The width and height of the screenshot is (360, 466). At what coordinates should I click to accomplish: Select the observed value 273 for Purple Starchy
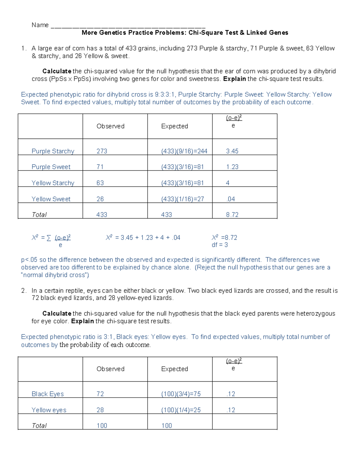pos(102,151)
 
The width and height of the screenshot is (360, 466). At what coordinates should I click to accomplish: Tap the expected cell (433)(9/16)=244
pos(184,151)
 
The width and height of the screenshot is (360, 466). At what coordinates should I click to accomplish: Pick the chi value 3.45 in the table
pos(232,151)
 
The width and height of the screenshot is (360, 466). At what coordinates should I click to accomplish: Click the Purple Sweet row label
pos(51,167)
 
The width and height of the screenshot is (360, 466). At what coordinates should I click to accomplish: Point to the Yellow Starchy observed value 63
pos(100,183)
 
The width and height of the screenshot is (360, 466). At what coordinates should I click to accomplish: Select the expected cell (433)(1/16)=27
pos(182,199)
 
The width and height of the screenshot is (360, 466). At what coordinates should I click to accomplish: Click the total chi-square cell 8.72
pos(232,215)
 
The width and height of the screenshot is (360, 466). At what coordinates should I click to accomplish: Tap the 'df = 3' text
pos(220,245)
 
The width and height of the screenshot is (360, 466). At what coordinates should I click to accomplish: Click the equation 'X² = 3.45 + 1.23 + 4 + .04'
pos(143,238)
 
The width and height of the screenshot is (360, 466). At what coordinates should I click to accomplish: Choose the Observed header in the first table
pos(110,126)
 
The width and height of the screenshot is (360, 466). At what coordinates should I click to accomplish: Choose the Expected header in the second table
pos(175,369)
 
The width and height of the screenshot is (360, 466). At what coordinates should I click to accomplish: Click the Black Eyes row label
pos(48,394)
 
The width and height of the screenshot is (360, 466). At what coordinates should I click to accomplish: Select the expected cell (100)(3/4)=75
pos(181,394)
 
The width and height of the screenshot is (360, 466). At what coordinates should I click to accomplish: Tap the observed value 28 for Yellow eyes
pos(100,410)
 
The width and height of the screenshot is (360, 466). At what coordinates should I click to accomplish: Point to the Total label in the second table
pos(39,426)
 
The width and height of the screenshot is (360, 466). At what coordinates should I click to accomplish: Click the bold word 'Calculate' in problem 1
pos(57,71)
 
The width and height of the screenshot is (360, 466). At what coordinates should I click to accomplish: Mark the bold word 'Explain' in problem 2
pos(82,321)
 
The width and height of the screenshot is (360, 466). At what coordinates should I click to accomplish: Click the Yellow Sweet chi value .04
pos(231,199)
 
